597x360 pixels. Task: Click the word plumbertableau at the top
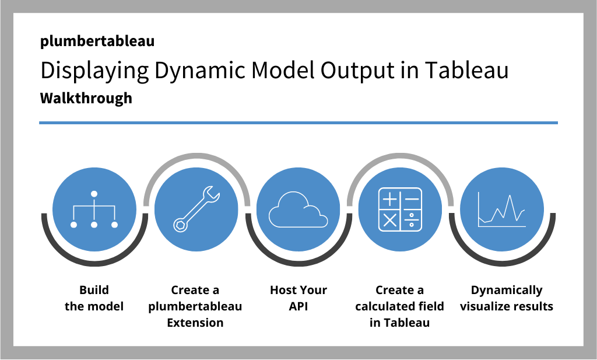pos(97,41)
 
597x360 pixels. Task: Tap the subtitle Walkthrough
pos(86,98)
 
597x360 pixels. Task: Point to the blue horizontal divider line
pos(298,123)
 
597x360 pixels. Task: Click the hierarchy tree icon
pos(94,210)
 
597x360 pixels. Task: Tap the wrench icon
pos(196,210)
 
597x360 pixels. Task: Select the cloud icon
pos(298,210)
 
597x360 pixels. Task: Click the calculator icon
pos(400,210)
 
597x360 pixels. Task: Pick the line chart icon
pos(502,210)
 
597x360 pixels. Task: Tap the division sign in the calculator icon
pos(412,220)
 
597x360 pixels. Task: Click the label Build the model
pos(94,298)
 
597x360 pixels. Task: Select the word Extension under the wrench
pos(195,322)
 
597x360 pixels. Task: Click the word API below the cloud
pos(298,306)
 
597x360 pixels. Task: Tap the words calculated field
pos(400,306)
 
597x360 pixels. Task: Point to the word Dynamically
pos(507,291)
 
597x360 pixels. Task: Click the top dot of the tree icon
pos(94,194)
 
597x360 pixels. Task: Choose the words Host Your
pos(298,291)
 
